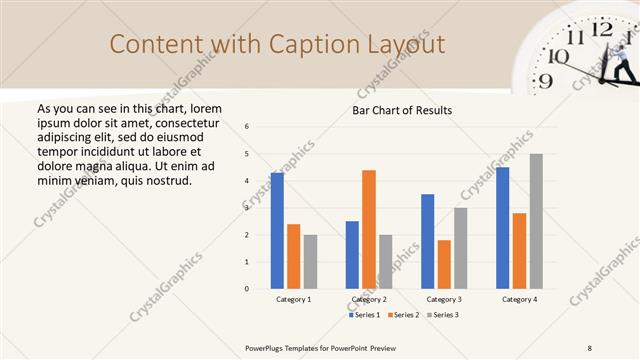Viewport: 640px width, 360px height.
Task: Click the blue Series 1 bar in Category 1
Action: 277,231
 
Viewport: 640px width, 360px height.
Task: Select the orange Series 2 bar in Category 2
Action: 369,229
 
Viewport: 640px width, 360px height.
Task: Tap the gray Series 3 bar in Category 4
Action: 536,221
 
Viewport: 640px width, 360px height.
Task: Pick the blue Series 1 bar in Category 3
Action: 428,241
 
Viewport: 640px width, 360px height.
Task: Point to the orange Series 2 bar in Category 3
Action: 444,264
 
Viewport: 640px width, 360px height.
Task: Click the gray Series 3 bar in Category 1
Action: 310,262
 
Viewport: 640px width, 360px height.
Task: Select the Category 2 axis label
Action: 369,299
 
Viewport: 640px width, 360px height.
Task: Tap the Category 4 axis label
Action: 519,299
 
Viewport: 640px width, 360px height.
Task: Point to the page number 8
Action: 590,347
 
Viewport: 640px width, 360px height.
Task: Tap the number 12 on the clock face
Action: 602,29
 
